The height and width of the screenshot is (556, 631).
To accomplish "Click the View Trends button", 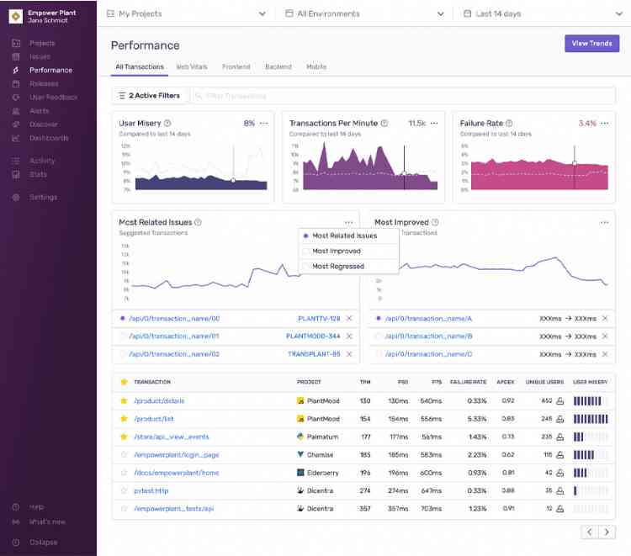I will pos(591,44).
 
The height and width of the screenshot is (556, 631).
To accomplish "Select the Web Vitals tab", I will pos(194,67).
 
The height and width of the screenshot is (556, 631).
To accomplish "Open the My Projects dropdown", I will pos(186,14).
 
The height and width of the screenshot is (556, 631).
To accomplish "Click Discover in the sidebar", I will pos(44,124).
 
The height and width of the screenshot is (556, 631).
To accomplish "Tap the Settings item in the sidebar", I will pos(44,198).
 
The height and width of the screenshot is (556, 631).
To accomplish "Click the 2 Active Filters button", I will pos(149,96).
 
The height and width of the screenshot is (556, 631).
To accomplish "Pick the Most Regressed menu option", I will pos(337,267).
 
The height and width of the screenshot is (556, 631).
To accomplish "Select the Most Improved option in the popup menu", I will pos(336,252).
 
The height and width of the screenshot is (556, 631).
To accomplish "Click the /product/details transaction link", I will pos(159,401).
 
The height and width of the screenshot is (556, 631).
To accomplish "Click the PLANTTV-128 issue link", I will pos(319,319).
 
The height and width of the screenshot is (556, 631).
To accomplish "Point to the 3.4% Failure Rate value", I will pos(587,124).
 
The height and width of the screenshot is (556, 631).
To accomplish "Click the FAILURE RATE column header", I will pos(468,382).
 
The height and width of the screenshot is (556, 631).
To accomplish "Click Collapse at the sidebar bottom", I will pos(42,543).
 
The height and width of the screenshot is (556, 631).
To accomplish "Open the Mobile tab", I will pos(316,67).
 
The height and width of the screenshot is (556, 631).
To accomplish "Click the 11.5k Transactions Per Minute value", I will pos(416,124).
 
